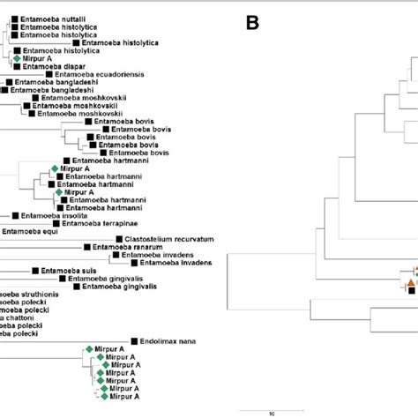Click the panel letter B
pos(252,24)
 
